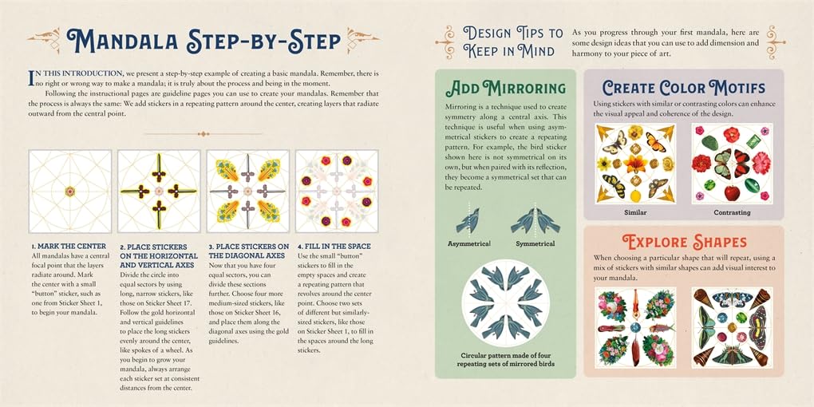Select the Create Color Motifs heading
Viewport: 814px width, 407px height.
[x=684, y=88]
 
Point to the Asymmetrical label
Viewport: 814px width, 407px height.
[x=469, y=243]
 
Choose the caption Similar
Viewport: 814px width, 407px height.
[x=635, y=213]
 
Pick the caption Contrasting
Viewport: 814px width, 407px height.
[x=732, y=213]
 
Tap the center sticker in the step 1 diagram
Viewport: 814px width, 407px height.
[x=69, y=191]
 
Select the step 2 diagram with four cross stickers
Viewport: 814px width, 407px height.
[x=159, y=191]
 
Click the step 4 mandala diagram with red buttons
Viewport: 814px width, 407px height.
[x=336, y=191]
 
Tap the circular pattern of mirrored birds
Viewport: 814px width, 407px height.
[x=505, y=303]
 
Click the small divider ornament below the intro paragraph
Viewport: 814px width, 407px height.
[x=203, y=133]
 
